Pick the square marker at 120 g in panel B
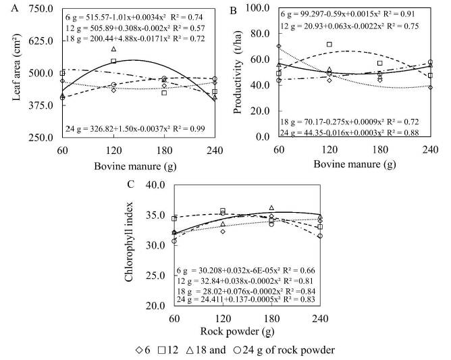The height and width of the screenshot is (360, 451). pyautogui.click(x=329, y=45)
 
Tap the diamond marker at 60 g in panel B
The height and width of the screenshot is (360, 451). pyautogui.click(x=278, y=46)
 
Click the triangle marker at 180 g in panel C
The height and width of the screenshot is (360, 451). pyautogui.click(x=271, y=208)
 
